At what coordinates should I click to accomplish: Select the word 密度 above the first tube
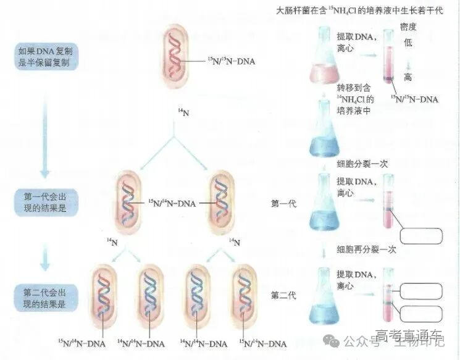click(x=408, y=27)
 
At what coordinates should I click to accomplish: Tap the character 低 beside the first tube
click(x=408, y=43)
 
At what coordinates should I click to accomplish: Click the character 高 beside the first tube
click(x=408, y=78)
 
